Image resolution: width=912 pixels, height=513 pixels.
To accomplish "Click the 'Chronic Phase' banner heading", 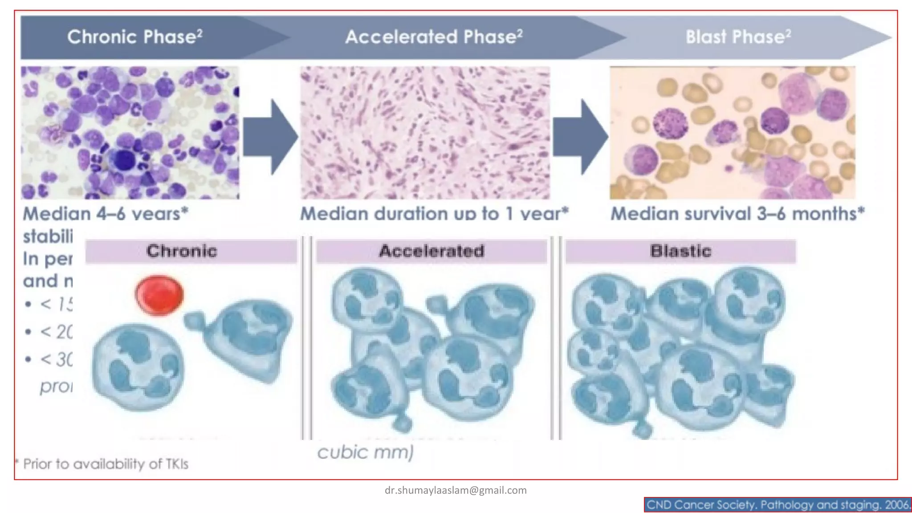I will point(134,37).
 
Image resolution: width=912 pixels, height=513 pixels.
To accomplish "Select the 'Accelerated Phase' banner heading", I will point(434,37).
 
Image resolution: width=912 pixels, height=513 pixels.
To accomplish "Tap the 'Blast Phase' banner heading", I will point(738,37).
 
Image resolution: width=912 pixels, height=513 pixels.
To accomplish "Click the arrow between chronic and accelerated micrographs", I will point(271,137).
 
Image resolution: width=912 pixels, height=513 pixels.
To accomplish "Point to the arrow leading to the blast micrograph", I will point(581,137).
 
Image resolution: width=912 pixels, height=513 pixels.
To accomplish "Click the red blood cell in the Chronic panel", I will point(159,295).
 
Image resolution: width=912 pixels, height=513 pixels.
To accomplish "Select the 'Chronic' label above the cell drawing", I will point(182,251).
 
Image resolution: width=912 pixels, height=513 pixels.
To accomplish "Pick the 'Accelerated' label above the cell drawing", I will point(431,251).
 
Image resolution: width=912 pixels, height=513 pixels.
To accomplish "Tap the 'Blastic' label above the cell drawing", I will point(680,251).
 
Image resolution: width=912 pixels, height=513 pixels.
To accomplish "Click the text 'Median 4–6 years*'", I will point(106,214).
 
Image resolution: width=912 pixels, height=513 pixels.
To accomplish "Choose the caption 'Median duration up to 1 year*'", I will point(434,214).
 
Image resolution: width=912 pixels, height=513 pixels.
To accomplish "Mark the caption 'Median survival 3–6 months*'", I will point(737,214).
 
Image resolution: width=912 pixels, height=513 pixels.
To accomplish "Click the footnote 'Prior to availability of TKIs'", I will point(106,464).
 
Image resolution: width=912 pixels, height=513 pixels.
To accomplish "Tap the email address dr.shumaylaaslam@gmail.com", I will point(456,490).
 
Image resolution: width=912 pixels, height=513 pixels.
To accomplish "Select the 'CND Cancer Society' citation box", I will point(778,505).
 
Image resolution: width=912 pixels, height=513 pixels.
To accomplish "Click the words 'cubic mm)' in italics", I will point(365,452).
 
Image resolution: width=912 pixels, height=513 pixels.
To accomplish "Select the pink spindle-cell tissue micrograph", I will point(425,133).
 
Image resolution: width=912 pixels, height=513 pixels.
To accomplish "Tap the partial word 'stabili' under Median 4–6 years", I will point(48,236).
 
